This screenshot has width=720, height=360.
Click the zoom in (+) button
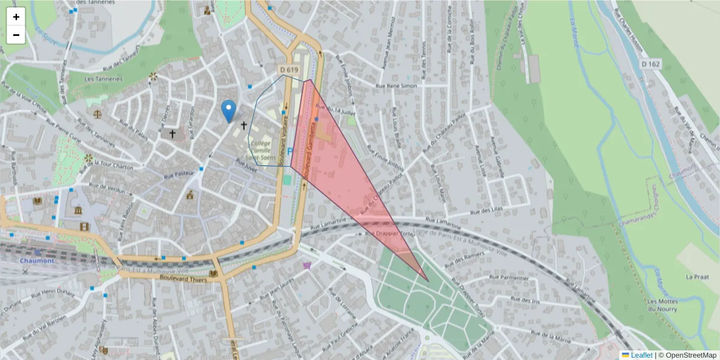pyautogui.click(x=16, y=17)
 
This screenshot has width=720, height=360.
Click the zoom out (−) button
pyautogui.click(x=16, y=35)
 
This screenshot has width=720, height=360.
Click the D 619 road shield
pyautogui.click(x=289, y=70)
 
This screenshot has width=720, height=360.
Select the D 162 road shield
pyautogui.click(x=650, y=64)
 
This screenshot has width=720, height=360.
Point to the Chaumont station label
pyautogui.click(x=37, y=260)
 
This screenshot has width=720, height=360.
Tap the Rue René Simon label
pyautogui.click(x=395, y=86)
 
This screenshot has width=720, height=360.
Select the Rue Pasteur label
pyautogui.click(x=180, y=175)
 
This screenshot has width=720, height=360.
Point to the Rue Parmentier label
pyautogui.click(x=509, y=278)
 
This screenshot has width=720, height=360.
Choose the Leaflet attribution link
pyautogui.click(x=641, y=355)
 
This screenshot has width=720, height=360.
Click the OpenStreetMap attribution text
pyautogui.click(x=690, y=355)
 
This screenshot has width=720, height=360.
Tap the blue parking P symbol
pyautogui.click(x=291, y=152)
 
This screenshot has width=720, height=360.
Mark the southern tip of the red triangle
pyautogui.click(x=428, y=281)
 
